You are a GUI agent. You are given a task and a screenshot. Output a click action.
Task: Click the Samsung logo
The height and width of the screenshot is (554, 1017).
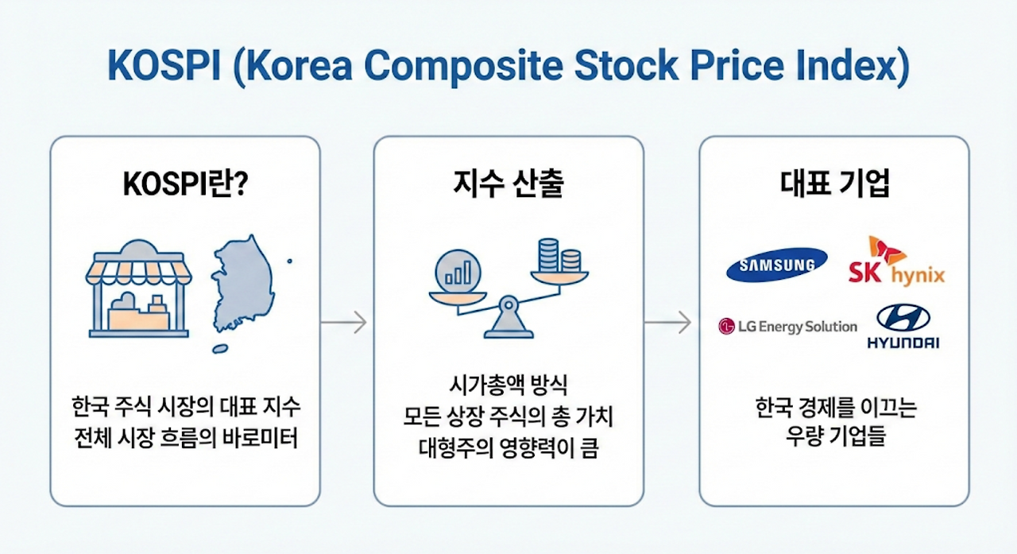tap(776, 265)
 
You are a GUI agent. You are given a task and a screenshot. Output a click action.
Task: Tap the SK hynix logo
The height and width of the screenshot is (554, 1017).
tap(896, 262)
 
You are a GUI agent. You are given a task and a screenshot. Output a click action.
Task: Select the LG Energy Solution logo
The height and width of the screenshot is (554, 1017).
tap(787, 327)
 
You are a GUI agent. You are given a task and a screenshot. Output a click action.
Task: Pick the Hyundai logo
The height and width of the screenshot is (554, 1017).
tap(903, 327)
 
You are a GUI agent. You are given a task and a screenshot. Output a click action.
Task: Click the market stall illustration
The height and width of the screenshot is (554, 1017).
tap(139, 289)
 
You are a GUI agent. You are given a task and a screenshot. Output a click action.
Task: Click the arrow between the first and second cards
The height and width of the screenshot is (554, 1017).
tap(343, 322)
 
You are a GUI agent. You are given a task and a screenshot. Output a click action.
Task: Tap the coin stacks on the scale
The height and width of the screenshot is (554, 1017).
tap(559, 256)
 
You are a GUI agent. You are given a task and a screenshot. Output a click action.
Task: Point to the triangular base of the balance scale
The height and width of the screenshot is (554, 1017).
tap(508, 322)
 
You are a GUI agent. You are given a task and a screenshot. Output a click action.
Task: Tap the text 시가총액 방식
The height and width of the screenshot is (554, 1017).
tap(508, 387)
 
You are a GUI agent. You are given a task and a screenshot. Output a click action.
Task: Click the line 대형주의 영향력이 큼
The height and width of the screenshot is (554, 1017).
tap(508, 447)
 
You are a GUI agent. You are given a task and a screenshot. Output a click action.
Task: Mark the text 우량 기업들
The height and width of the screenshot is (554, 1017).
tap(833, 437)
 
